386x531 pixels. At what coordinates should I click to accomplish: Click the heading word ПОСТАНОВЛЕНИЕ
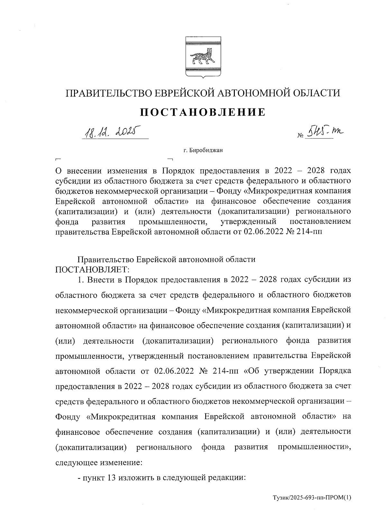point(203,112)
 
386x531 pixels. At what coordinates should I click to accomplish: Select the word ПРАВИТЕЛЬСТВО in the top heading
point(106,93)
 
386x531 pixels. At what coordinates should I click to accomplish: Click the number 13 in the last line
point(110,478)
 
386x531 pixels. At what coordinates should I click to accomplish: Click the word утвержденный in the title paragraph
point(249,222)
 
